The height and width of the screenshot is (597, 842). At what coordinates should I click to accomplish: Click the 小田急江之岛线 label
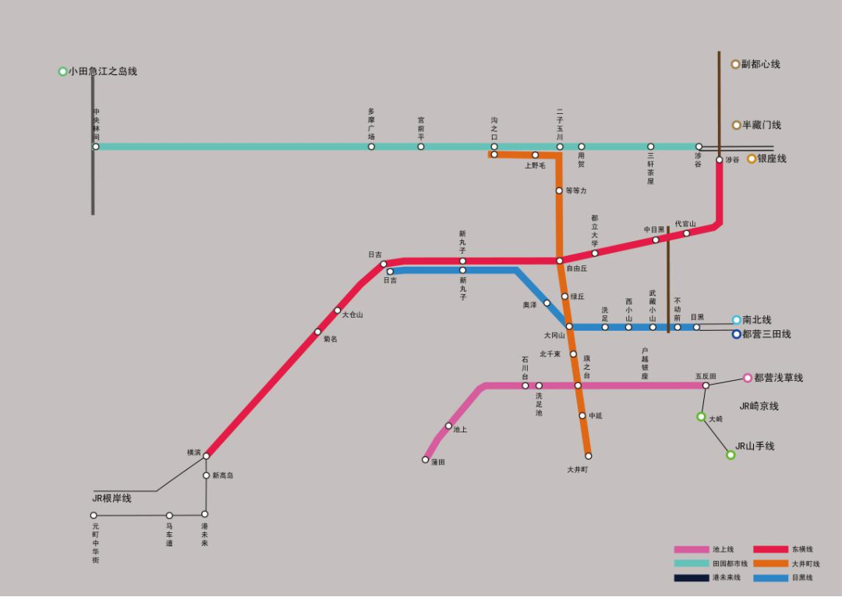pos(102,71)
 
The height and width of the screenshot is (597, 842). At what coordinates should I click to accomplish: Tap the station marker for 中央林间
pos(96,147)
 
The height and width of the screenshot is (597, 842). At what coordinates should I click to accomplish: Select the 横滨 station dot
pos(207,456)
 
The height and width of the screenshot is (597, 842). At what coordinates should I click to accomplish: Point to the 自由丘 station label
pos(576,268)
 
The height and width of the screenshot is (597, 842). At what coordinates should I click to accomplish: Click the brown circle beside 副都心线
pos(735,64)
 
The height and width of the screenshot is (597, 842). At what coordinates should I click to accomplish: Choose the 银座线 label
pos(772,158)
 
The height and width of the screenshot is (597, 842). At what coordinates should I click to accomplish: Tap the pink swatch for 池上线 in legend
pos(690,549)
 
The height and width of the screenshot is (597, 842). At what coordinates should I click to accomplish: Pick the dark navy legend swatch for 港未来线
pos(690,577)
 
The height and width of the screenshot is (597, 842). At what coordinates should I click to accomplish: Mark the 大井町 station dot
pos(588,456)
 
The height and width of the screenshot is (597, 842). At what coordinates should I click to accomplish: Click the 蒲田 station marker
pos(426,460)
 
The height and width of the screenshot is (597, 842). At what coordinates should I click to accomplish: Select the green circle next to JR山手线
pos(731,454)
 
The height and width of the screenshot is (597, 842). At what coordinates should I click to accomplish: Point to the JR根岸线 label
pos(112,498)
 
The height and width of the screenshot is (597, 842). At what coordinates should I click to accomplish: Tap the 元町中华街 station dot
pos(94,515)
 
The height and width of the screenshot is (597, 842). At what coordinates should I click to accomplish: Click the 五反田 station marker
pos(706,386)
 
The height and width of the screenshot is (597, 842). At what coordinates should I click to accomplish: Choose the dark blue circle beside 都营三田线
pos(737,334)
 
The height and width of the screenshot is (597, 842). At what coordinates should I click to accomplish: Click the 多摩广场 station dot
pos(371,147)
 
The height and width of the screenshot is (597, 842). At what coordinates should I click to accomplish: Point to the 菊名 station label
pos(331,339)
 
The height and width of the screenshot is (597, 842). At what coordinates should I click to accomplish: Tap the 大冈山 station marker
pos(569,326)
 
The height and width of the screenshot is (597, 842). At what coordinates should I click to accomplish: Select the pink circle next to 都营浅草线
pos(747,378)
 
